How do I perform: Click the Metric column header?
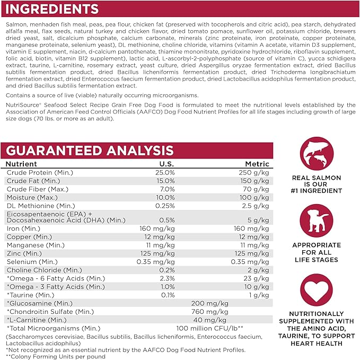click(x=257, y=164)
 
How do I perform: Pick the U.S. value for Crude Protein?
click(x=165, y=173)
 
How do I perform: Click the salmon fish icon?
click(x=317, y=154)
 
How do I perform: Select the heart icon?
click(x=317, y=289)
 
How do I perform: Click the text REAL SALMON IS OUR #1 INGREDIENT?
click(x=317, y=184)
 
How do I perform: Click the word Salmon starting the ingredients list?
click(x=16, y=25)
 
